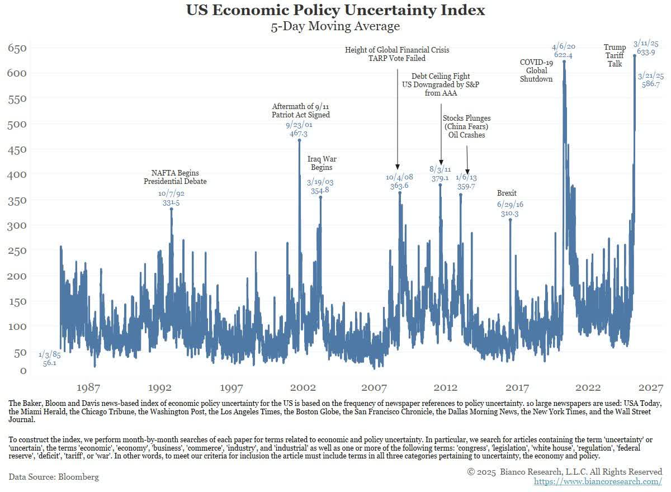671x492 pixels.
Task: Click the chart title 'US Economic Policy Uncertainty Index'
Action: coord(335,10)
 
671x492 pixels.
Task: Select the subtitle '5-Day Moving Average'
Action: coord(335,26)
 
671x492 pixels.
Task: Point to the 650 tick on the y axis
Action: coord(16,48)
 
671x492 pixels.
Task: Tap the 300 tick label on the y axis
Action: coord(16,225)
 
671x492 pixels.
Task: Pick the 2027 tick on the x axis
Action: coord(651,387)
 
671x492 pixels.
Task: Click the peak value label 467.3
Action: coord(299,134)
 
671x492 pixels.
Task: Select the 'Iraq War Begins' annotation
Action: coord(322,163)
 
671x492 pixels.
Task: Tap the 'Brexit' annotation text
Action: coord(507,193)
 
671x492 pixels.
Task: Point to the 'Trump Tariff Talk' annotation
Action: coord(615,55)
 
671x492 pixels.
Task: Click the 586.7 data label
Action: coord(651,84)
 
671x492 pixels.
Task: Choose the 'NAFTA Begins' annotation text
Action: coord(175,173)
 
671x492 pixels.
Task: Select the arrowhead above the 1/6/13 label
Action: coord(467,171)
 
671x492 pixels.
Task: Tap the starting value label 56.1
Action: coord(50,363)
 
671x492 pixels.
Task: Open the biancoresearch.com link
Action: coord(598,481)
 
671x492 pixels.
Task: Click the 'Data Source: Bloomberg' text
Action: coord(54,477)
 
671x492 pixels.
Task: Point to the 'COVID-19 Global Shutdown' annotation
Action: coord(536,70)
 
